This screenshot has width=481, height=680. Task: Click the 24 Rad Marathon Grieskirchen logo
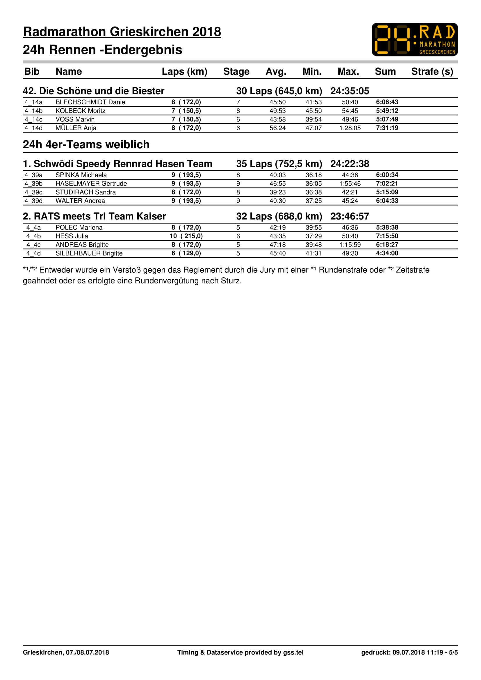414,39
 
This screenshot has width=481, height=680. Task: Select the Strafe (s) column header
432,72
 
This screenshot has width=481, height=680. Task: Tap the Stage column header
236,72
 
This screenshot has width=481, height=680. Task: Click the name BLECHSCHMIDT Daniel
91,102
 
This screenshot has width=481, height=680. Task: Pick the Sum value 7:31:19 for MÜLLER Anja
387,128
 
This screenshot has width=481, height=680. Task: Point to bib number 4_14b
33,111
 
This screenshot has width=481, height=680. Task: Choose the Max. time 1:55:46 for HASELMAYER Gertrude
350,184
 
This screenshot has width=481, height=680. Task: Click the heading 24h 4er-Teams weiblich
86,144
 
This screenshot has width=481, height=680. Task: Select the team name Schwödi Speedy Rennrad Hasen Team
123,164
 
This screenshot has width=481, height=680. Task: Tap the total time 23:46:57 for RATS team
350,216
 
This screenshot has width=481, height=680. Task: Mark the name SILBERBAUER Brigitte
89,253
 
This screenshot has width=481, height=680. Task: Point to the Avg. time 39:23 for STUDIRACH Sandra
277,192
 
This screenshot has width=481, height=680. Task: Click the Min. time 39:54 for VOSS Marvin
313,119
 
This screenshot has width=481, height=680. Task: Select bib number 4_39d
33,201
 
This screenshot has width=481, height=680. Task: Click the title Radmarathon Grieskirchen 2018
122,32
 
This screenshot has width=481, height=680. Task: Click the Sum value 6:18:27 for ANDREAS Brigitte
387,244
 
